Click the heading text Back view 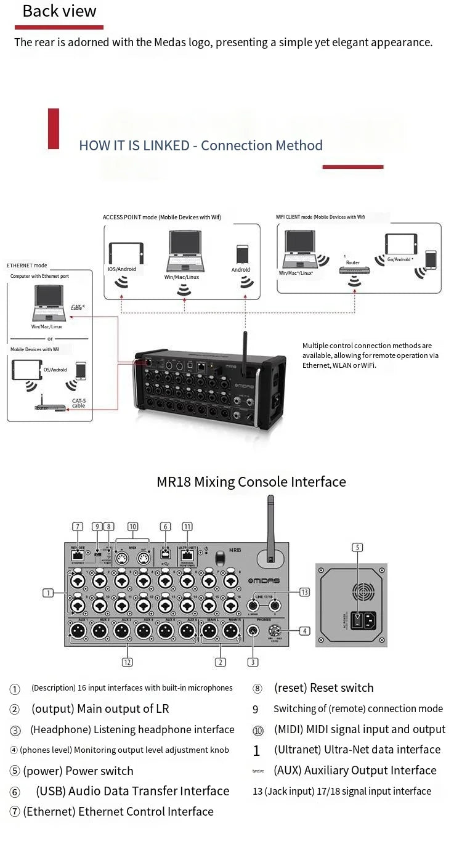coord(59,11)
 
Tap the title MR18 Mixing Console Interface coord(251,482)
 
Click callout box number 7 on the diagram coord(78,526)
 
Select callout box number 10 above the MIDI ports coord(132,526)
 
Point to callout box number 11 coord(187,526)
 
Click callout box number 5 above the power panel coord(357,547)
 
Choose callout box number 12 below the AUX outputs coord(128,662)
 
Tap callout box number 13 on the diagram coord(304,592)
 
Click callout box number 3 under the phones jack coord(253,662)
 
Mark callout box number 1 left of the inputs coord(47,593)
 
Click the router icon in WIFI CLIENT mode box coord(353,270)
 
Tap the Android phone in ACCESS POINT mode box coord(241,255)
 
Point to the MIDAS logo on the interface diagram coord(264,581)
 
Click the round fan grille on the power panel coord(363,592)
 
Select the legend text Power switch coord(99,771)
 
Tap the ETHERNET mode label coord(27,266)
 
